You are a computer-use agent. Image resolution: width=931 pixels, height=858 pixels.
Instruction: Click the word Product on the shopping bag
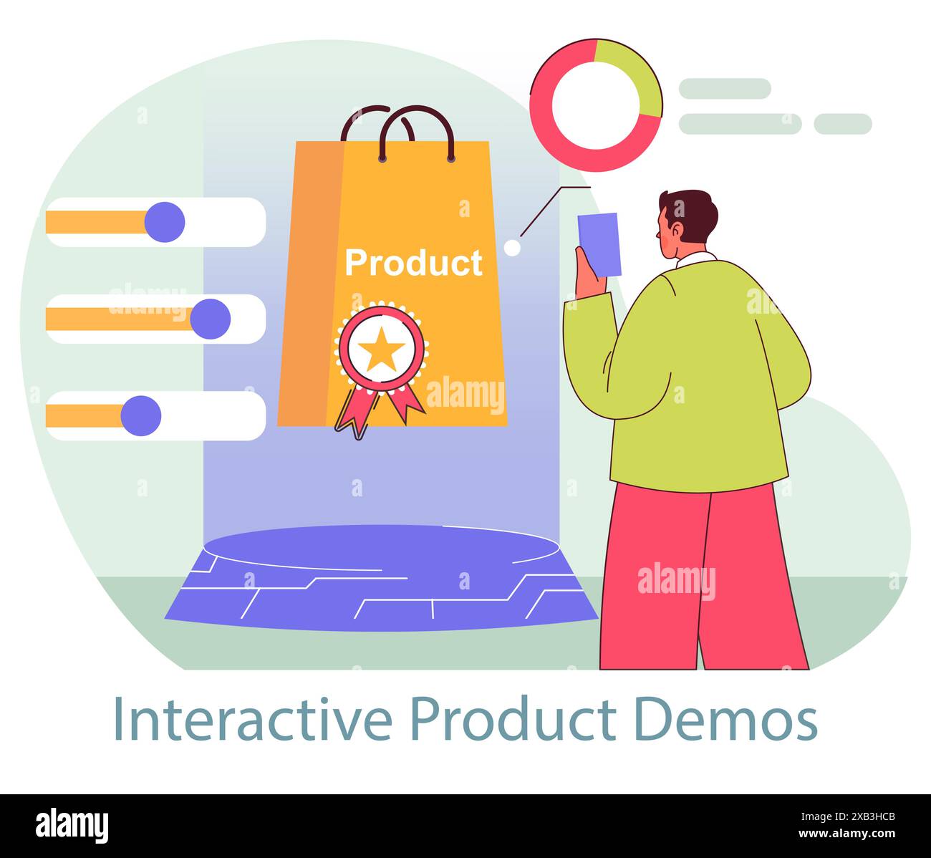(413, 263)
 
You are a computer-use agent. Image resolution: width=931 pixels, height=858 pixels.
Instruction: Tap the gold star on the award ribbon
(381, 349)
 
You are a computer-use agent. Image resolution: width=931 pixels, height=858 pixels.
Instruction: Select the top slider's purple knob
(165, 222)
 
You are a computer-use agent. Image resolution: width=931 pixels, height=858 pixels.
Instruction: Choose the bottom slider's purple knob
(141, 415)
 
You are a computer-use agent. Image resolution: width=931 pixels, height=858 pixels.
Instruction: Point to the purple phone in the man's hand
(599, 244)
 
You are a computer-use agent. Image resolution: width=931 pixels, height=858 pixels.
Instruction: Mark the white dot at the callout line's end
(512, 248)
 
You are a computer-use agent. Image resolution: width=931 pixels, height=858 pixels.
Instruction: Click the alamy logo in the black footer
(72, 825)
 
